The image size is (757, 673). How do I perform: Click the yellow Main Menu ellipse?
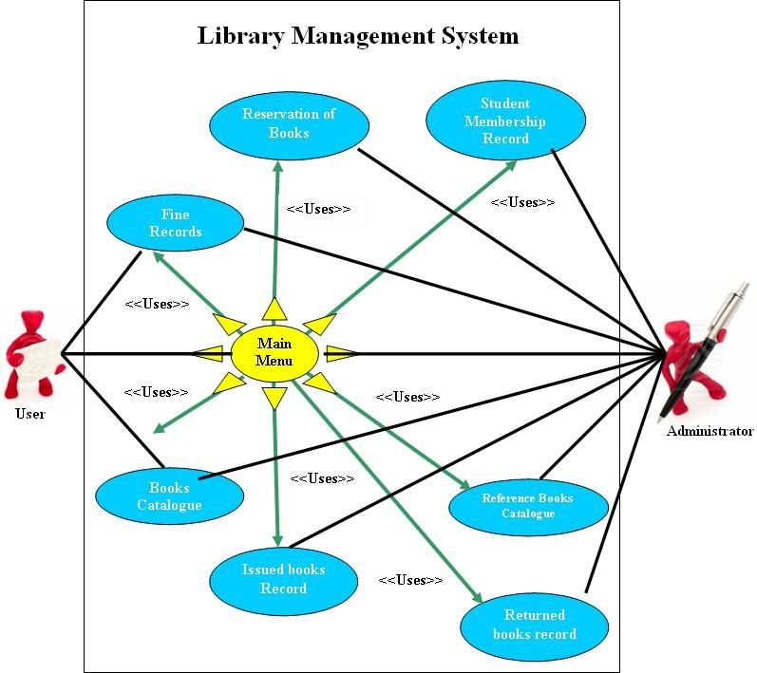[x=274, y=352]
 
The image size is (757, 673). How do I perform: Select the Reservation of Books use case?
[x=288, y=124]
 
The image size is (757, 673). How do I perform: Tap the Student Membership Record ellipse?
[x=504, y=122]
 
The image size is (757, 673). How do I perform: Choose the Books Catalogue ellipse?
[x=169, y=496]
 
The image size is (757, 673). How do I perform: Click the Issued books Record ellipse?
[x=283, y=579]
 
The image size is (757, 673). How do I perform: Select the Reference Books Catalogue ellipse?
[x=527, y=505]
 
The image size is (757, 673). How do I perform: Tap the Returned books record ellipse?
[x=534, y=625]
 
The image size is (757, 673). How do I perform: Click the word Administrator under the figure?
[x=710, y=431]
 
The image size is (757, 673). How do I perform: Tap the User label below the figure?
[x=30, y=414]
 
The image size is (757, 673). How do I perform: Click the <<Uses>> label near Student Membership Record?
[x=522, y=202]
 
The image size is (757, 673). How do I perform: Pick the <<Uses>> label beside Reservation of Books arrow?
[x=318, y=209]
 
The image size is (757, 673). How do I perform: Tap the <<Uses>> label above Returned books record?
[x=410, y=579]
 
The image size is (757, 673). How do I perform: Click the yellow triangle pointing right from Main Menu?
[x=340, y=353]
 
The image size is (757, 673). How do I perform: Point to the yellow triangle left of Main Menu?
[x=209, y=353]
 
